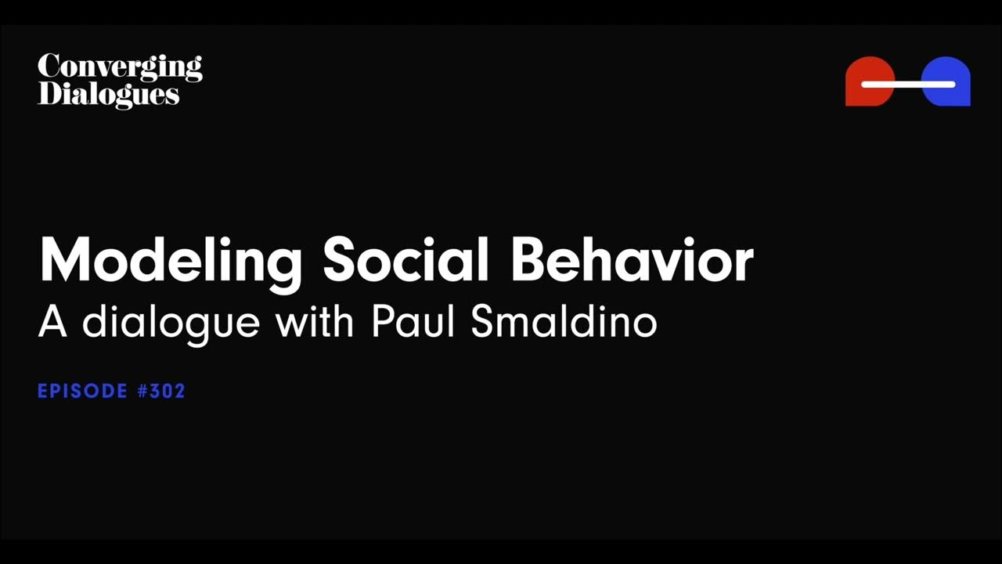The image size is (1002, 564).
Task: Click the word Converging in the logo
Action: tap(119, 68)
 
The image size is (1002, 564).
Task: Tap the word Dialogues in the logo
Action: tap(108, 94)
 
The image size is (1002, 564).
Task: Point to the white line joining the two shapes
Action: tap(908, 84)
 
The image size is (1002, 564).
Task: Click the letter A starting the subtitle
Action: tap(52, 322)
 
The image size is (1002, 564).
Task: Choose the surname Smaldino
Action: tap(564, 322)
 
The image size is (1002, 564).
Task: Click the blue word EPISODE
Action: tap(82, 391)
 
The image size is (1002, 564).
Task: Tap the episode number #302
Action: tap(161, 391)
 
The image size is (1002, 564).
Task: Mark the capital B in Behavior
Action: tap(531, 260)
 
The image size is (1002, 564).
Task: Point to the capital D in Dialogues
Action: tap(49, 93)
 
